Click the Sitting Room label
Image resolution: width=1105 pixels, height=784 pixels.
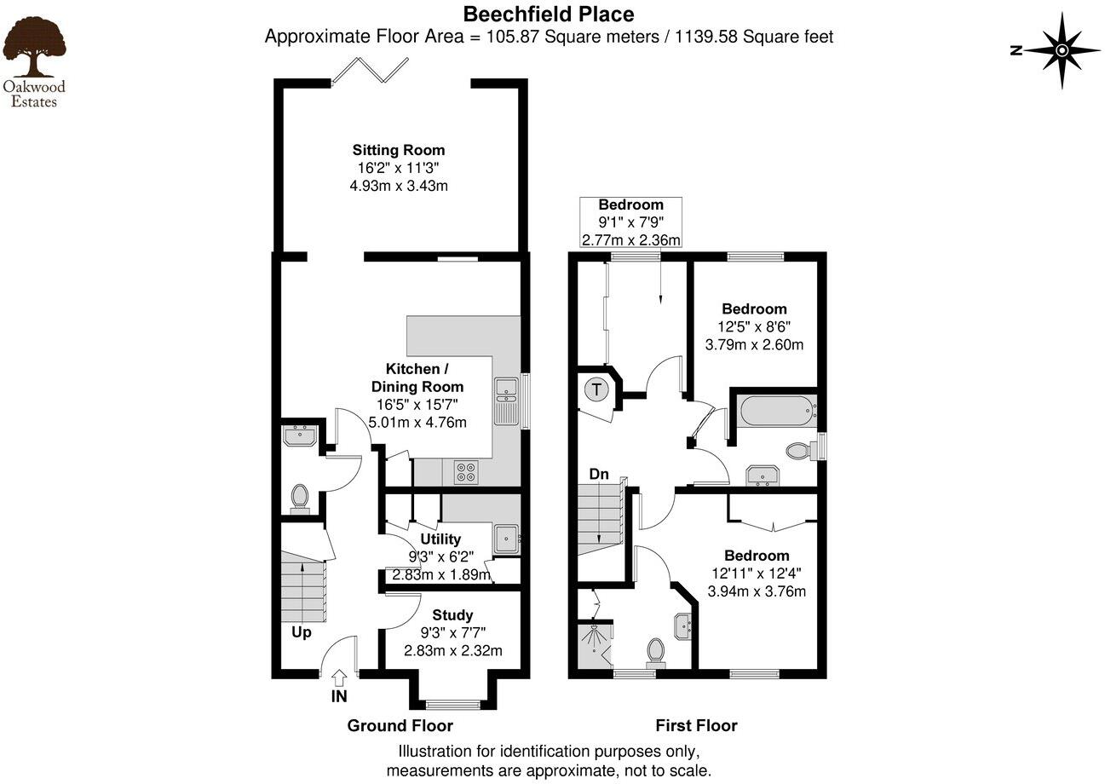(399, 151)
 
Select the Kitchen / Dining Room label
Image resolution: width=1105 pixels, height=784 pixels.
(417, 378)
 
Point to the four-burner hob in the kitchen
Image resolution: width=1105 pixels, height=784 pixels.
(466, 471)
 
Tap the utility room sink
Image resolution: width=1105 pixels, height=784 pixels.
(507, 537)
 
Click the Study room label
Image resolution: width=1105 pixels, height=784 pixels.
(452, 615)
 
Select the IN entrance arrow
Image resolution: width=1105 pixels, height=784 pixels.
(339, 679)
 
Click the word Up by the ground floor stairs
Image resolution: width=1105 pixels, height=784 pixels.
(302, 632)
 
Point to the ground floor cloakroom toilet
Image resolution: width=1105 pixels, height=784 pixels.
(299, 498)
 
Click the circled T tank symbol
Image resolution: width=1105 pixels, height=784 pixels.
(597, 391)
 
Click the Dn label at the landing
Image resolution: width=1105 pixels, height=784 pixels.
(600, 474)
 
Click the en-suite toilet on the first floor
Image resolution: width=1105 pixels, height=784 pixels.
(656, 651)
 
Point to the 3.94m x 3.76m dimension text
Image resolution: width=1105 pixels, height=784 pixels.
(757, 591)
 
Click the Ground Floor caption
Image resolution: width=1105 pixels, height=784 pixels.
(400, 726)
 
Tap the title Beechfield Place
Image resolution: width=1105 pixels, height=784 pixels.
(548, 14)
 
